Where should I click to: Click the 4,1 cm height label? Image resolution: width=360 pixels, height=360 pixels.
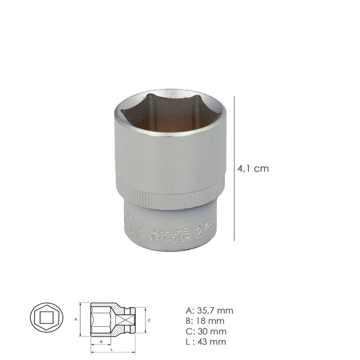(253, 169)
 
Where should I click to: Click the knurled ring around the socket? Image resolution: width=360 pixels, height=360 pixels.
(170, 196)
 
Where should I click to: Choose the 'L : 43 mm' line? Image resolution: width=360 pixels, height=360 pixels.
(204, 342)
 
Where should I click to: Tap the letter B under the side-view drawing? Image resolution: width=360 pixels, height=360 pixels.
(100, 340)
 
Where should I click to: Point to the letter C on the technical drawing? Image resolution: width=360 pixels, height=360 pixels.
(149, 320)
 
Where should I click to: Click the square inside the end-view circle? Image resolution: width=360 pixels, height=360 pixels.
(46, 320)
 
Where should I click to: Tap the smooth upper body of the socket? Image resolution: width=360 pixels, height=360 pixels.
(170, 156)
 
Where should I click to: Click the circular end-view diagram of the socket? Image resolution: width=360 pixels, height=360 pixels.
(46, 320)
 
